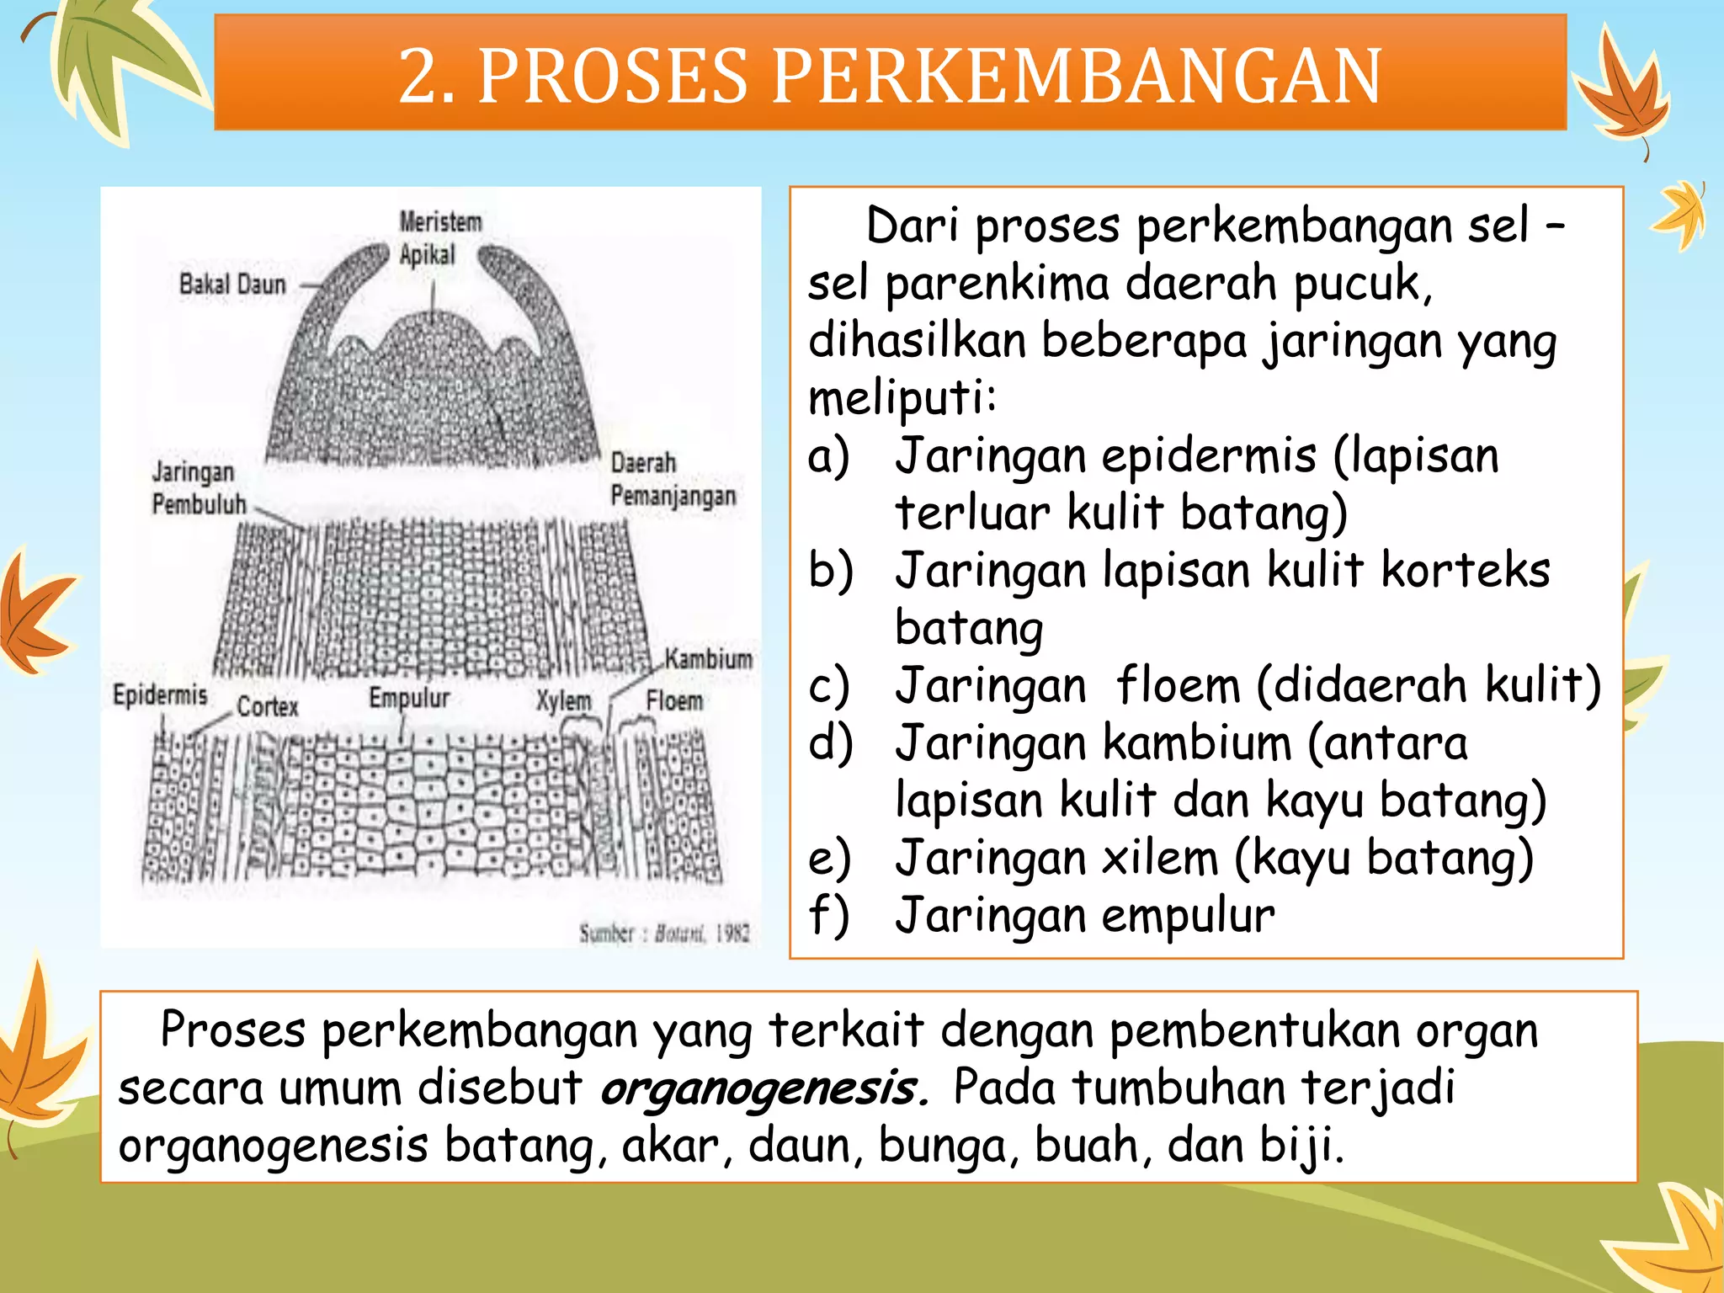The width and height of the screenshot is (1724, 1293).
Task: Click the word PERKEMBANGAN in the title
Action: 1077,76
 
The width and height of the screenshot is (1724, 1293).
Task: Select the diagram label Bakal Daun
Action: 232,285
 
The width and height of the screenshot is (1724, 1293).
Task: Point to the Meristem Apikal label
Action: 439,238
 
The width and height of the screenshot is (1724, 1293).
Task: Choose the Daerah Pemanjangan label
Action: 672,479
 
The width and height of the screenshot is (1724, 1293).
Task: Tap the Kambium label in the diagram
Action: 708,658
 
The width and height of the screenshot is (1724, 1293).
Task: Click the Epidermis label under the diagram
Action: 160,695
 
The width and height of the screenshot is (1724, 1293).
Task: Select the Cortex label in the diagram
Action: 268,706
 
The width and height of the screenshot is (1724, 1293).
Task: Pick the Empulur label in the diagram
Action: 409,698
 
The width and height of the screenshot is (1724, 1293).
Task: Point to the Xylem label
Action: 564,700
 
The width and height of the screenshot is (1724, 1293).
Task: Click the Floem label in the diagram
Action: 674,700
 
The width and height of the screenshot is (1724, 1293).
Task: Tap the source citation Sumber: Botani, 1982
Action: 663,933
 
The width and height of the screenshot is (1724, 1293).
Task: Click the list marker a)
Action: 828,457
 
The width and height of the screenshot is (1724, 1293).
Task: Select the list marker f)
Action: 828,915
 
